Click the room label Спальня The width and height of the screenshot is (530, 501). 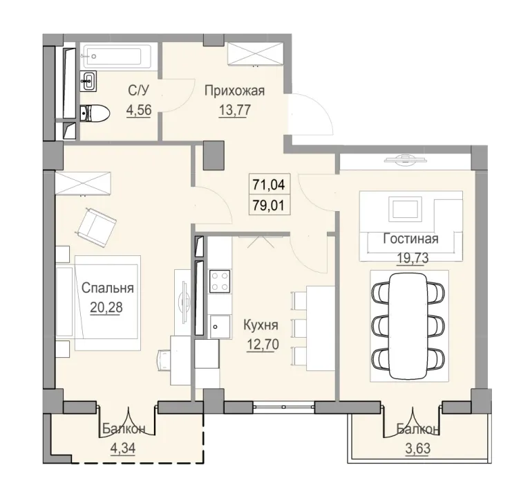(x=107, y=289)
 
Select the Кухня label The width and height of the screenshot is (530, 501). (x=261, y=324)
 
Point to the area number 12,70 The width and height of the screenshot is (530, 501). (x=261, y=342)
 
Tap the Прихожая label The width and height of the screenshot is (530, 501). (x=235, y=90)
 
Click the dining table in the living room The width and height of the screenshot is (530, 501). (x=406, y=325)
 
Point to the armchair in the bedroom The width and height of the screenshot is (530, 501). (x=97, y=227)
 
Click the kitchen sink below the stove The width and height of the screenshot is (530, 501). (x=219, y=325)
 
